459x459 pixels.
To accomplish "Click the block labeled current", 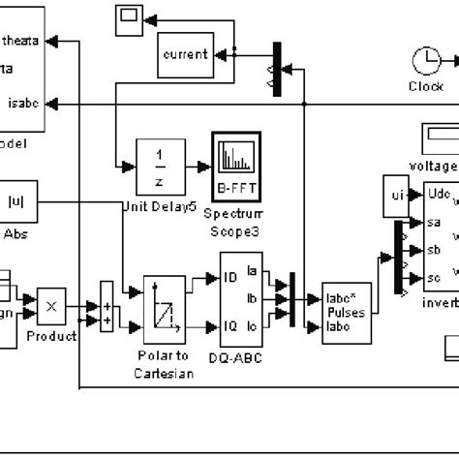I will pyautogui.click(x=184, y=54).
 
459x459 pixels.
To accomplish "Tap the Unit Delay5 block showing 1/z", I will pyautogui.click(x=160, y=167).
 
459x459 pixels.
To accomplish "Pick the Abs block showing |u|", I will pyautogui.click(x=16, y=201).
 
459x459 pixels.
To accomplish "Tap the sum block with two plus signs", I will pyautogui.click(x=107, y=304).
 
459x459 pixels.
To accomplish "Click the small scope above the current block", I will pyautogui.click(x=127, y=16).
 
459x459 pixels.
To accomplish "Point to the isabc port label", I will pyautogui.click(x=22, y=104).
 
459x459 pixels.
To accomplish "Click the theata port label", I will pyautogui.click(x=21, y=41).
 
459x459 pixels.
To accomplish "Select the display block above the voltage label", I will pyautogui.click(x=441, y=138).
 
